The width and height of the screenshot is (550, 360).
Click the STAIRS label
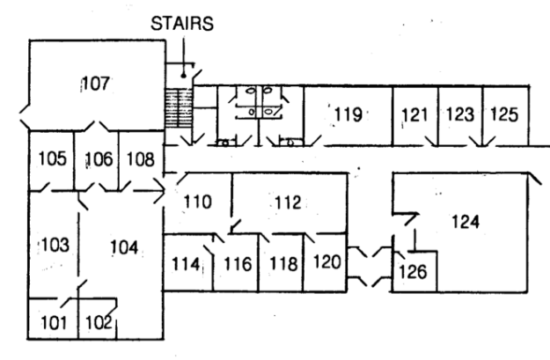180,24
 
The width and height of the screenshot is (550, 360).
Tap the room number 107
95,84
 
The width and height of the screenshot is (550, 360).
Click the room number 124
466,222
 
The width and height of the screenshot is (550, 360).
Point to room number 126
414,271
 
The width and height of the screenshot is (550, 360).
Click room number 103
54,243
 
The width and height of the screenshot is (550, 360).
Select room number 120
326,261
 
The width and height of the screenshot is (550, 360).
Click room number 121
414,114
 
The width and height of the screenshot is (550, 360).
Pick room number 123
459,114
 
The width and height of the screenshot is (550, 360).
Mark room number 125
504,114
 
